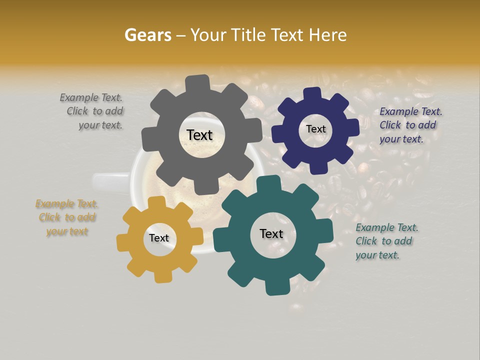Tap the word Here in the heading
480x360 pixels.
[x=328, y=35]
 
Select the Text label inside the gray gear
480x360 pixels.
[x=199, y=135]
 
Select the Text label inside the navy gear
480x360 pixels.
[x=315, y=129]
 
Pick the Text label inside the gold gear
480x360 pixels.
[x=159, y=238]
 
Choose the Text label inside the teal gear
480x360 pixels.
[x=271, y=233]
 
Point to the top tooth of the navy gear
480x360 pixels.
[x=312, y=93]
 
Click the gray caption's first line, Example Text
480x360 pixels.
[x=91, y=97]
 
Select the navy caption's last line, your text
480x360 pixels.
[x=401, y=139]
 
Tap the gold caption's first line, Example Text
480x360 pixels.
[x=66, y=203]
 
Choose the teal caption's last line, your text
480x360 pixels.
[x=377, y=255]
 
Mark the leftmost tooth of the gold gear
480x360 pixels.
[x=123, y=242]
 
